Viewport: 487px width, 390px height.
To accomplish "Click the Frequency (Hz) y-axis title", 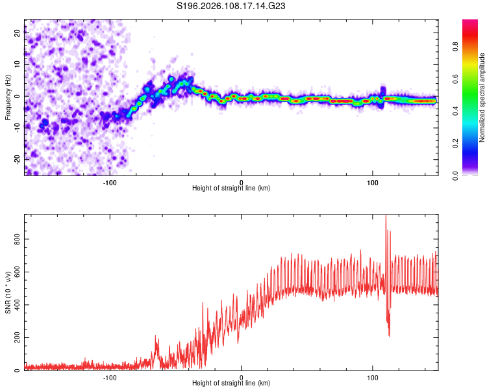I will (8, 97).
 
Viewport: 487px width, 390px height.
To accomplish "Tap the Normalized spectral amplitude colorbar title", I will (482, 97).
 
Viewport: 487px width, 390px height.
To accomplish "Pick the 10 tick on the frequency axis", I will (18, 65).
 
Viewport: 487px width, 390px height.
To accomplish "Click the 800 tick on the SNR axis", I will (18, 239).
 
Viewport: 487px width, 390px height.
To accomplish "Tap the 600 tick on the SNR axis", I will (18, 271).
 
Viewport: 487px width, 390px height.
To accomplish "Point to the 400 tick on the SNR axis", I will (18, 304).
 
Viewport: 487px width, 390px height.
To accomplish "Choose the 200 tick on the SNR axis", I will (18, 337).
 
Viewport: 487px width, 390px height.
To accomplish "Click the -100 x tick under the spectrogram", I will (110, 181).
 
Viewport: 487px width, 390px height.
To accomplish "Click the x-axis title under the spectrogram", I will (231, 188).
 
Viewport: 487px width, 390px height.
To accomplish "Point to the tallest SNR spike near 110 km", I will (386, 217).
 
